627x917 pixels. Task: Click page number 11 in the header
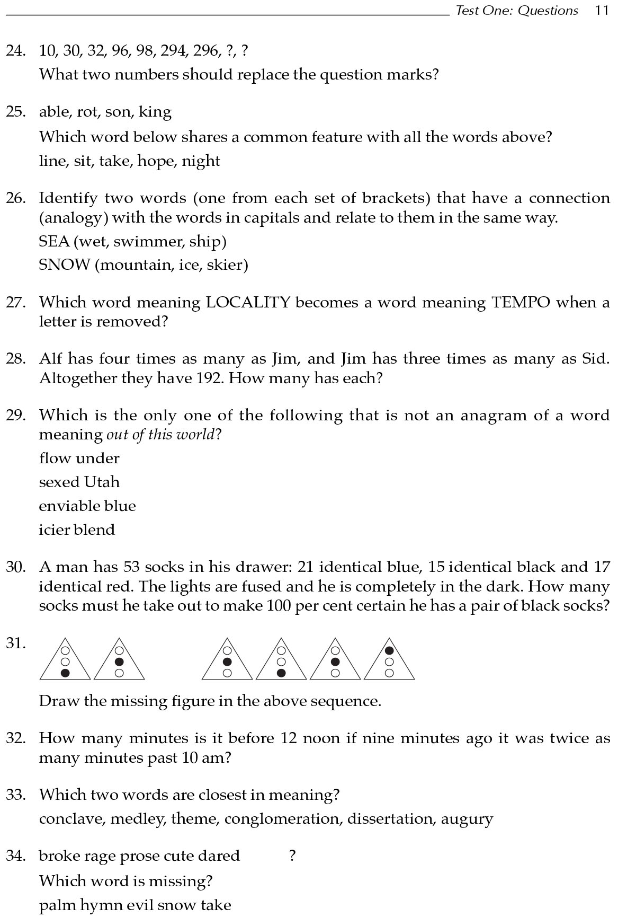pos(602,11)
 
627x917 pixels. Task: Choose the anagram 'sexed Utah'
pos(79,482)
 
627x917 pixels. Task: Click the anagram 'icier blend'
pos(77,530)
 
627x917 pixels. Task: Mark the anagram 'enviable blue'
pos(87,506)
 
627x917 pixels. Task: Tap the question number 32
pos(16,738)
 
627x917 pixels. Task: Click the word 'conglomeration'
pos(283,819)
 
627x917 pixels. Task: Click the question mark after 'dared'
pos(292,856)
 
